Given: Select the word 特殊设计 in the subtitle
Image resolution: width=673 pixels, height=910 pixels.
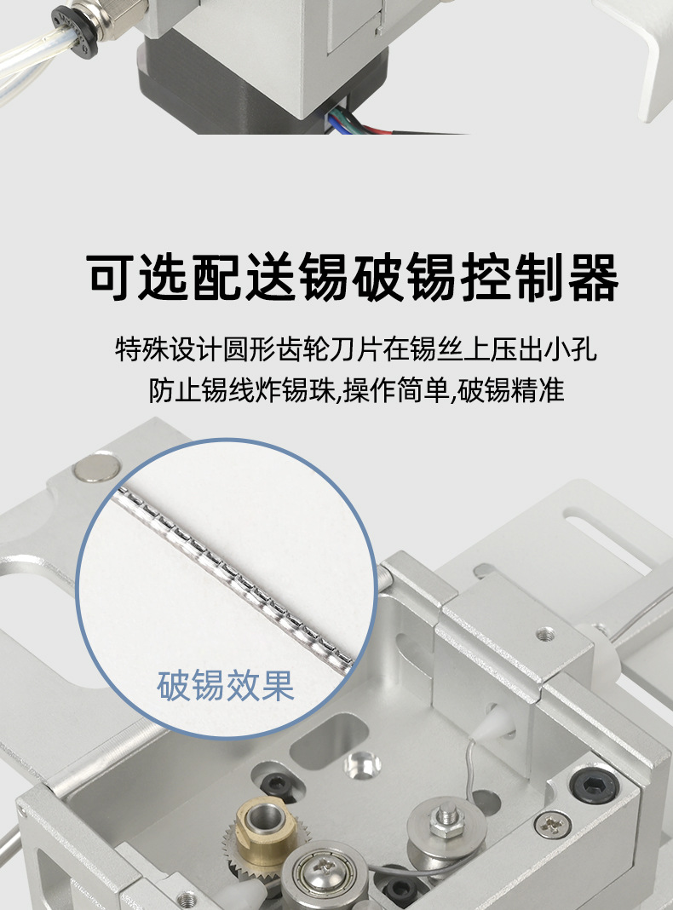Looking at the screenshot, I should pyautogui.click(x=167, y=349).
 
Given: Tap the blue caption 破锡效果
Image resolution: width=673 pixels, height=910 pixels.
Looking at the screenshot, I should pyautogui.click(x=226, y=685).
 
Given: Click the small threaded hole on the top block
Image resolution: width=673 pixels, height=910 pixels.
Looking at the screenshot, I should pyautogui.click(x=544, y=634).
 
